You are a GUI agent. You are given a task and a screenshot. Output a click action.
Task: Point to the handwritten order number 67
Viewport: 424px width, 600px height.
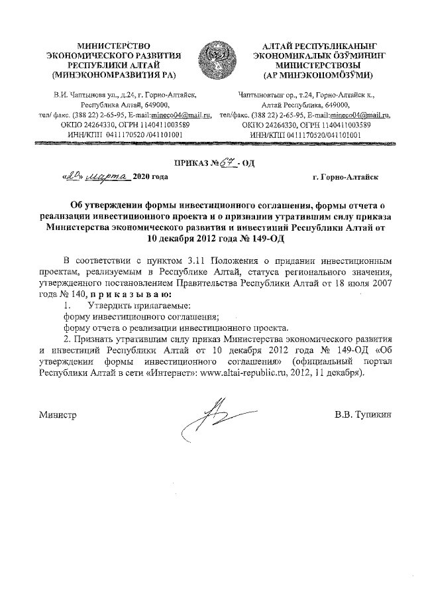coord(227,160)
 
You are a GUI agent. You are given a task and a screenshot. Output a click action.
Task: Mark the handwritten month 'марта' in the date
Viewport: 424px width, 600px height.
coord(107,176)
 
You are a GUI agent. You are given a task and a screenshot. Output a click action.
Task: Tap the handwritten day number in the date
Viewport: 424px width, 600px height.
coord(70,176)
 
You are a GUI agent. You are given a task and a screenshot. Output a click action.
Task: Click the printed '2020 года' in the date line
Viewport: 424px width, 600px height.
coord(150,177)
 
